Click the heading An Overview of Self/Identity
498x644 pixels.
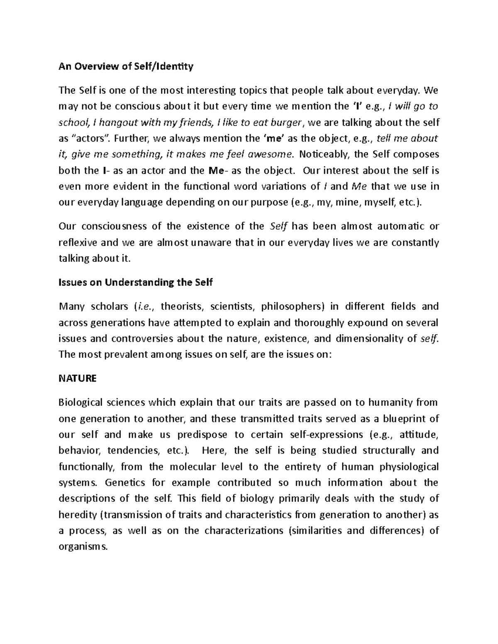point(126,66)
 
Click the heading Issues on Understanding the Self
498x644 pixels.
point(136,283)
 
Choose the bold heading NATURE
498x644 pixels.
point(78,378)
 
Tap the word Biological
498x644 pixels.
point(81,403)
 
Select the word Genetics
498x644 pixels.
point(125,483)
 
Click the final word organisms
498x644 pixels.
point(83,547)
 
